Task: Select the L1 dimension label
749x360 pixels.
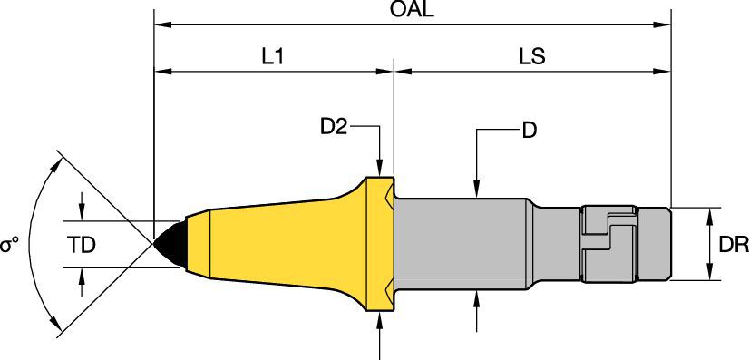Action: click(273, 56)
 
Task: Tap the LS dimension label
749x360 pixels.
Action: click(531, 56)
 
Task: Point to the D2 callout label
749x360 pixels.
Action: click(334, 128)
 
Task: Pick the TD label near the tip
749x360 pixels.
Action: click(82, 244)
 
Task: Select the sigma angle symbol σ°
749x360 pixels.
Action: click(10, 246)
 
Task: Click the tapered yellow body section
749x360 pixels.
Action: click(272, 243)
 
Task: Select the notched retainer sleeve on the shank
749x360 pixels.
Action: click(612, 243)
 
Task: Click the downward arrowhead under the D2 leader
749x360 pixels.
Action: click(382, 170)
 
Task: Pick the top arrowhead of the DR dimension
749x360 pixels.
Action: click(708, 214)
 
